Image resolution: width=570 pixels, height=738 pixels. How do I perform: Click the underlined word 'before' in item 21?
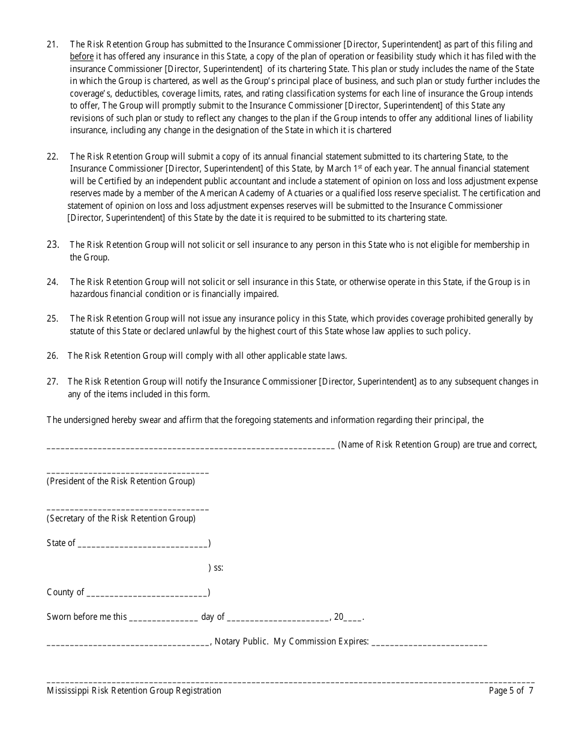point(82,56)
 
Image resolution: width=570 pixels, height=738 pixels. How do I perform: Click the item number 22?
point(52,157)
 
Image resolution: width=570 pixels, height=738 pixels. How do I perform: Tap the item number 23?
point(52,245)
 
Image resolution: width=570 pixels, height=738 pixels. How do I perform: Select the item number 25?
point(52,319)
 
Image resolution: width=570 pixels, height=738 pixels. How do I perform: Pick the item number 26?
point(52,356)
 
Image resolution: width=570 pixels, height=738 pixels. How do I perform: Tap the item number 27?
point(52,381)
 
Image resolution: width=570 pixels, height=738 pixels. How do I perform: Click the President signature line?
point(127,472)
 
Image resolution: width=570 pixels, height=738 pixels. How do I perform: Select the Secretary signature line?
point(127,509)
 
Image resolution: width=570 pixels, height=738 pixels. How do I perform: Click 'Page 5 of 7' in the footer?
point(511,691)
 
